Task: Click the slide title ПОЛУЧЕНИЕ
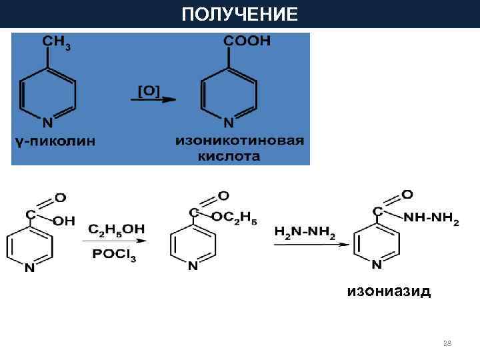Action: tap(240, 14)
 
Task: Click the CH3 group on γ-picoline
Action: tap(57, 43)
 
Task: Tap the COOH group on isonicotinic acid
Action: tap(247, 41)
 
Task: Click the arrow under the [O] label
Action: tap(152, 100)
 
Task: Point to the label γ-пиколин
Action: tap(55, 141)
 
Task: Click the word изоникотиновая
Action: tap(240, 141)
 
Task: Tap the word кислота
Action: tap(229, 157)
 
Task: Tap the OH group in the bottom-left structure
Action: tap(64, 221)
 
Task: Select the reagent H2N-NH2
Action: tap(305, 232)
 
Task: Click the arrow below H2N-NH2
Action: tap(309, 245)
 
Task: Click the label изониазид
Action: tap(388, 291)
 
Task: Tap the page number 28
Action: tap(447, 343)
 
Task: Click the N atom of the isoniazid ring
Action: tap(377, 265)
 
